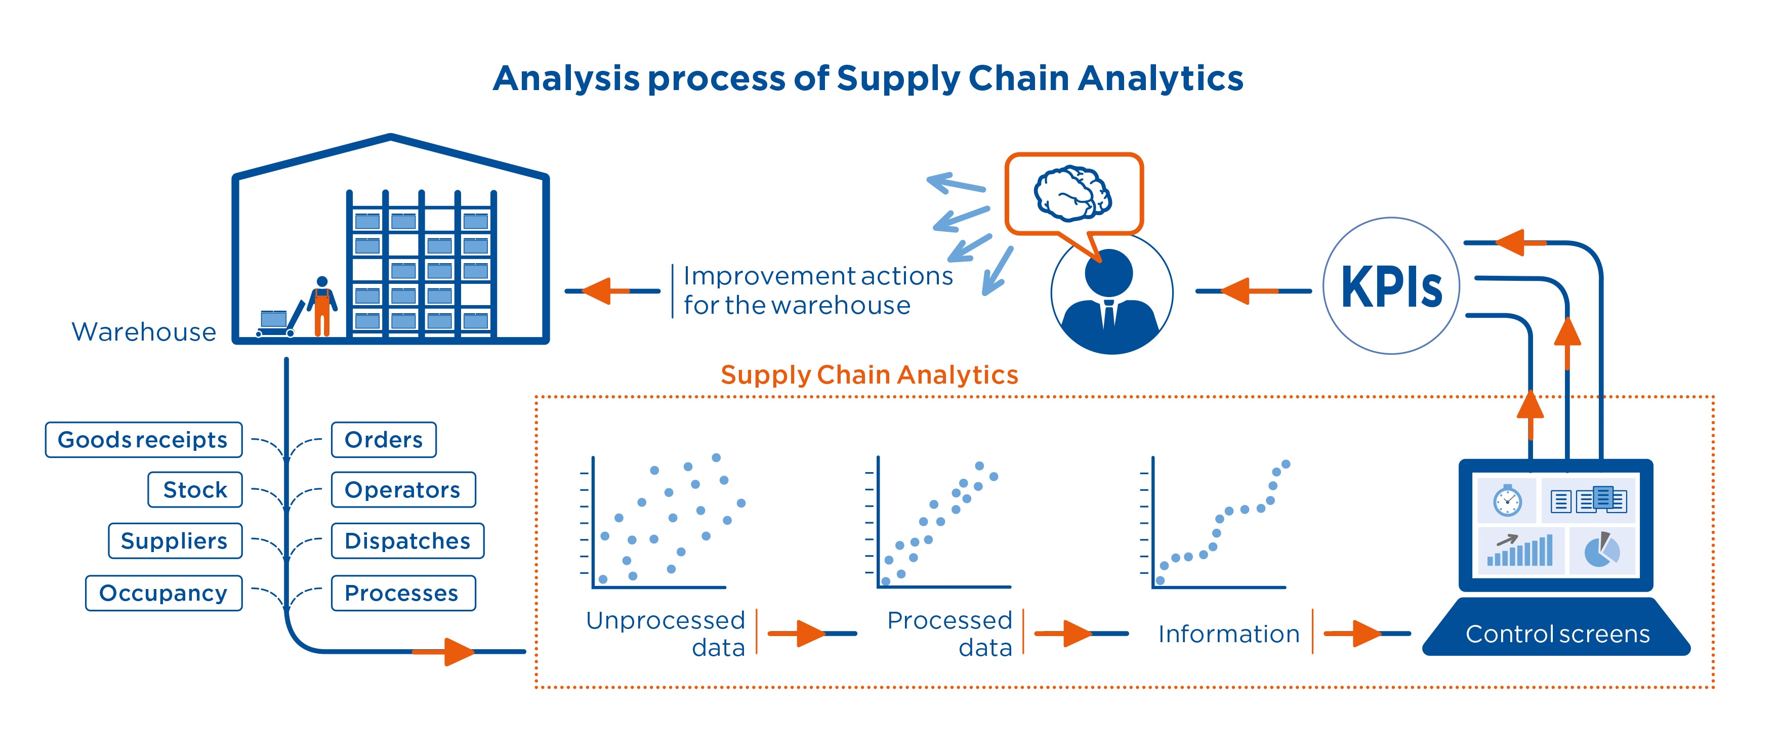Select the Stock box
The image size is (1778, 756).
click(195, 490)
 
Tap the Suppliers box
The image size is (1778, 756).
click(175, 541)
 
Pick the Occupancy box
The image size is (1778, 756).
click(163, 593)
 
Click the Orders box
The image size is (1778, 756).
click(383, 439)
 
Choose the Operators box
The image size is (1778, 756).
click(403, 490)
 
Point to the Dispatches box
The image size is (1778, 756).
click(407, 541)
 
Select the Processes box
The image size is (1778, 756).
click(403, 593)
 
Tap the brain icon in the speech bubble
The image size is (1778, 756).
click(1072, 193)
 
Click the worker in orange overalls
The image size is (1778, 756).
click(322, 307)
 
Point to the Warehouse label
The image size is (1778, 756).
click(144, 332)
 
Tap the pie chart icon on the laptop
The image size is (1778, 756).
click(1601, 551)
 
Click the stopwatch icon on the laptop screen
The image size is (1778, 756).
click(1507, 500)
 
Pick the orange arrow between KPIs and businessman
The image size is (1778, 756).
click(1246, 291)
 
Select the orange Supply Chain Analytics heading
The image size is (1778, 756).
click(869, 374)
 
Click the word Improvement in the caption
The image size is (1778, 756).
click(757, 276)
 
